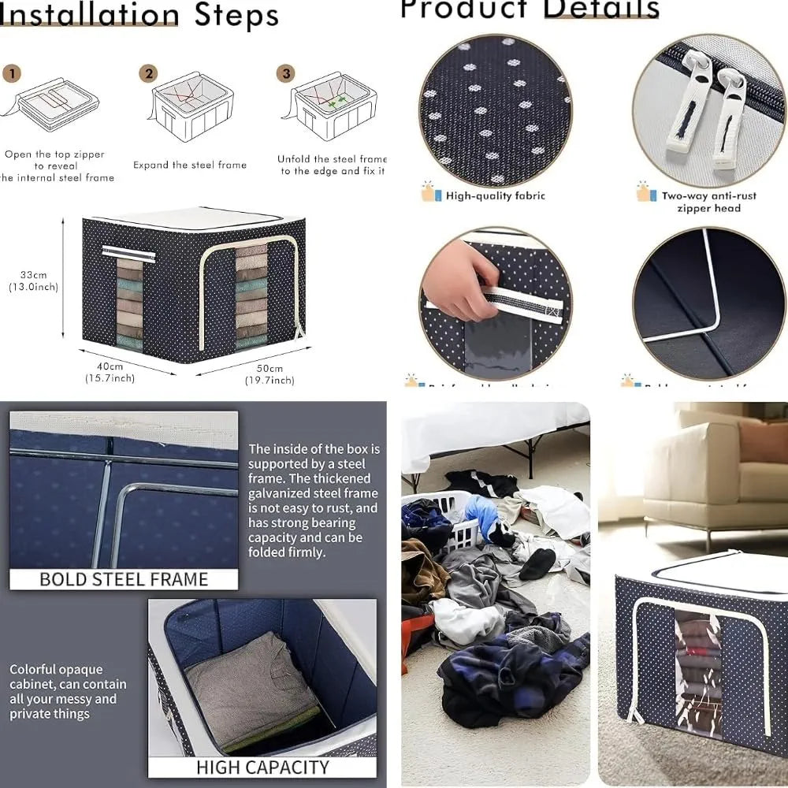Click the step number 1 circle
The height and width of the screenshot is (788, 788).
[x=11, y=74]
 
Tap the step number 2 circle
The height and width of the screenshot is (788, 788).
[x=148, y=74]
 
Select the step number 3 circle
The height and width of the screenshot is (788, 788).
[x=286, y=74]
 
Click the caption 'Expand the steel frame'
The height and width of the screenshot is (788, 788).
[x=189, y=165]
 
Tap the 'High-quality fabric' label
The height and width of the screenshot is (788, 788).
[x=495, y=196]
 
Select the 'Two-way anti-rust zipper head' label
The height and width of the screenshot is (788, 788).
[x=701, y=203]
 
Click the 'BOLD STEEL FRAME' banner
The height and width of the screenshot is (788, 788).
[x=124, y=579]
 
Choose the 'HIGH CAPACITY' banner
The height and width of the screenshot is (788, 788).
[x=262, y=767]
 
